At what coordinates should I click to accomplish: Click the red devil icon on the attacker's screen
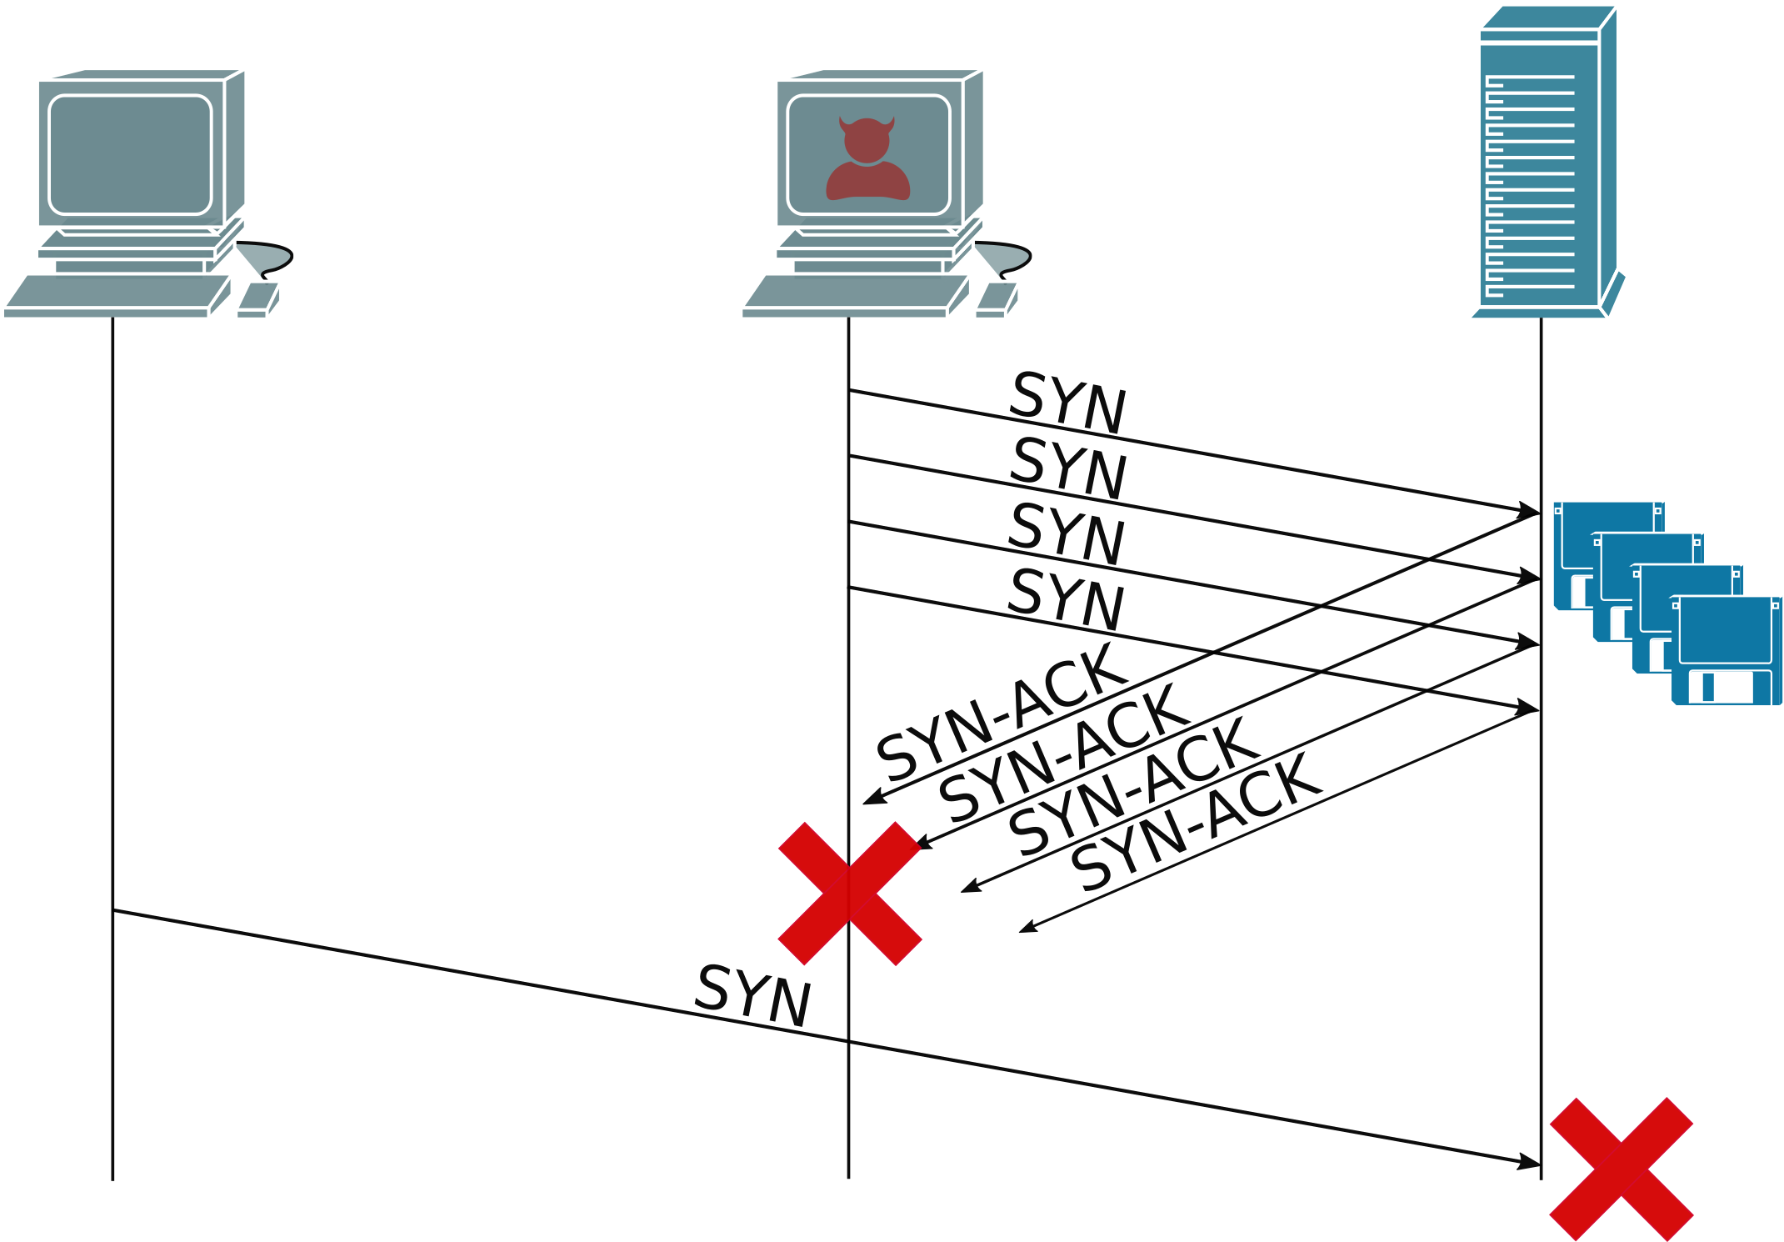pyautogui.click(x=867, y=159)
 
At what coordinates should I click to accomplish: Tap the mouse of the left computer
pyautogui.click(x=257, y=299)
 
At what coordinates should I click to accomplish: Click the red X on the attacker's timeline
pyautogui.click(x=849, y=894)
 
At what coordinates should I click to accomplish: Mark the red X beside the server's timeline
pyautogui.click(x=1621, y=1169)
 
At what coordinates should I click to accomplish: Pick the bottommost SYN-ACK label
pyautogui.click(x=1197, y=822)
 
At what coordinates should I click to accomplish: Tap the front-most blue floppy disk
pyautogui.click(x=1726, y=651)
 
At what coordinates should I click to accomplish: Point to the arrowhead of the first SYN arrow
pyautogui.click(x=1529, y=510)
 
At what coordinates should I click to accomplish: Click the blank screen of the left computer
pyautogui.click(x=131, y=155)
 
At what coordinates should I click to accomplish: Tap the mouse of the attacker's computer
pyautogui.click(x=996, y=299)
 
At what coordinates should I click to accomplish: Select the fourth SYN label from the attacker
pyautogui.click(x=1066, y=600)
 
